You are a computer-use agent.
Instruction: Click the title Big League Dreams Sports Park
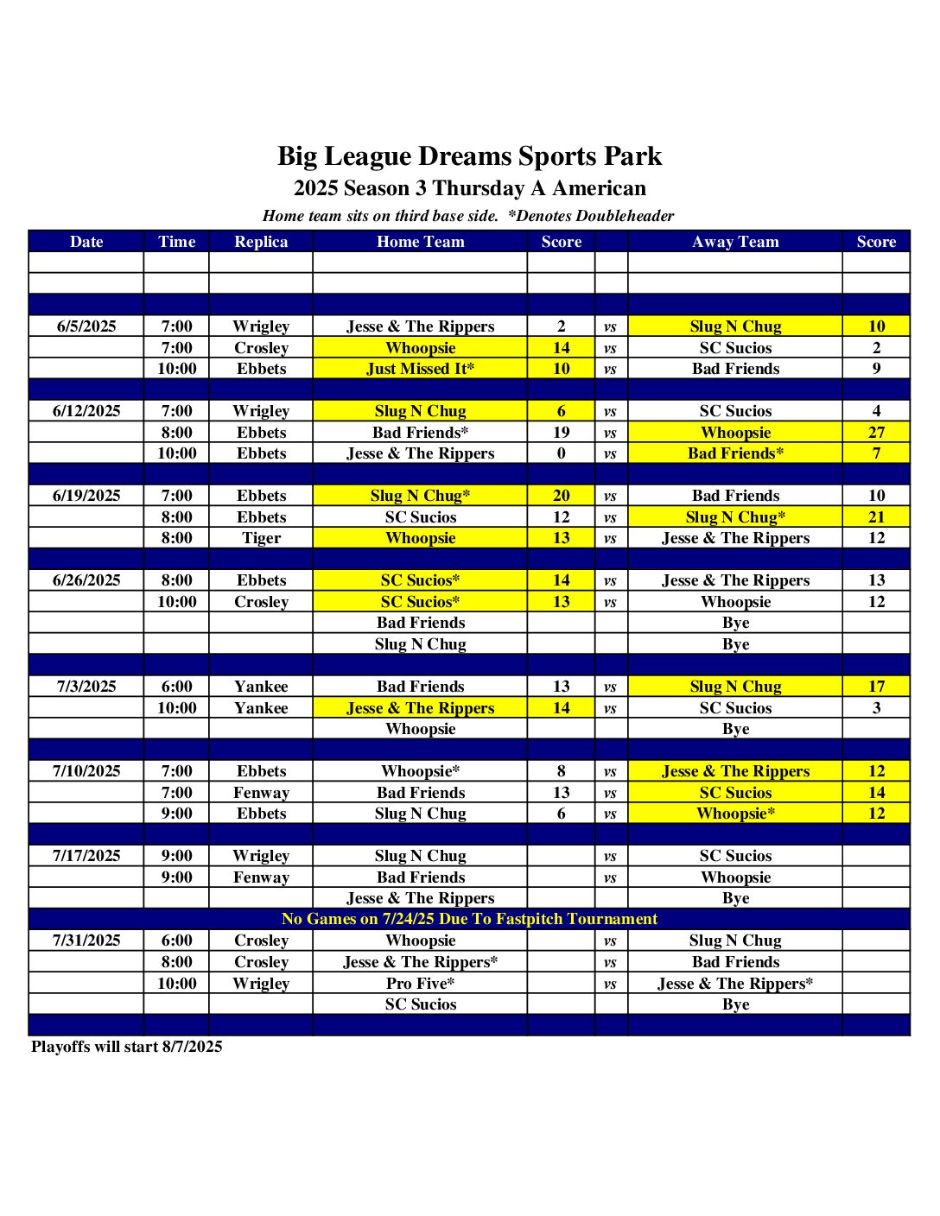(469, 156)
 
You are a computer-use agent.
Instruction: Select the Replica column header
(261, 242)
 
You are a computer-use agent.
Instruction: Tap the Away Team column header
(735, 242)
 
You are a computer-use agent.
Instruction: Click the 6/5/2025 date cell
(86, 326)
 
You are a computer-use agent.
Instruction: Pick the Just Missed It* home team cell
(420, 369)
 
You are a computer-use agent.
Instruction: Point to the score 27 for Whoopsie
(876, 433)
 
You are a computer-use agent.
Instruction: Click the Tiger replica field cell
(261, 538)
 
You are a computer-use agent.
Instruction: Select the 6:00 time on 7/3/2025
(177, 687)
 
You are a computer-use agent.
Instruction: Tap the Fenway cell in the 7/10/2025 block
(261, 793)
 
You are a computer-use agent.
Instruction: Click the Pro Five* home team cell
(420, 984)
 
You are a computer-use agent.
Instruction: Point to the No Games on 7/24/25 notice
(469, 919)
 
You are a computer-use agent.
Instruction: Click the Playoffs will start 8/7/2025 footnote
(127, 1047)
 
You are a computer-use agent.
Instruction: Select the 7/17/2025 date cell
(86, 856)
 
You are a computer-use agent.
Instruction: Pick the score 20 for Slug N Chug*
(562, 496)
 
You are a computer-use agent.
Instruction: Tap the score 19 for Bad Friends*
(562, 433)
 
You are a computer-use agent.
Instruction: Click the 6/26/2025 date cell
(86, 580)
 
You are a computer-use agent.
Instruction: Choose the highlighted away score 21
(876, 517)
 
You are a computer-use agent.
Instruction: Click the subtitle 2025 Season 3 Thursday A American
(469, 188)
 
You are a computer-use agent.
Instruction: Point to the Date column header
(86, 242)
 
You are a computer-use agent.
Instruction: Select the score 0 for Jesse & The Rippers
(562, 453)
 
